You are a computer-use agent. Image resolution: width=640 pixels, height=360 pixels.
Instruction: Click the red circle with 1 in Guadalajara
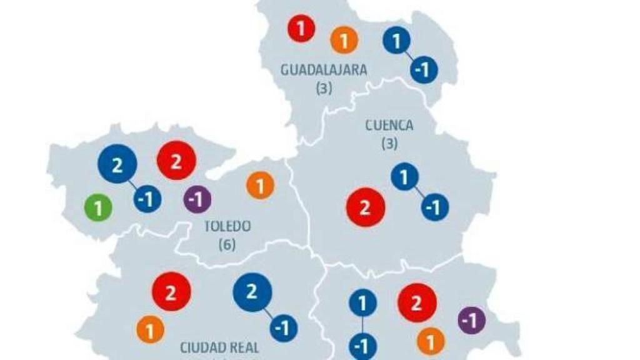point(301,29)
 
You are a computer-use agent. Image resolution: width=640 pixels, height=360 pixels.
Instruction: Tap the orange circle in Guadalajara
point(344,40)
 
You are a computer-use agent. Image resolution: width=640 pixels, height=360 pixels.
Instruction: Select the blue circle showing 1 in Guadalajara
point(397,41)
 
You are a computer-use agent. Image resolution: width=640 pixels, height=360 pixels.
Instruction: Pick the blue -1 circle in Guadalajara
point(424,69)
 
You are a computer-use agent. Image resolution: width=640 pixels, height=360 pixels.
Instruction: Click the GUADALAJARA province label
point(323,70)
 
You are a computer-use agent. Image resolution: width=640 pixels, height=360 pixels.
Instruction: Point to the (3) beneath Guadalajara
point(323,88)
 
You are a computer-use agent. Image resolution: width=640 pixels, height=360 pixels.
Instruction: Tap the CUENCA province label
point(389,126)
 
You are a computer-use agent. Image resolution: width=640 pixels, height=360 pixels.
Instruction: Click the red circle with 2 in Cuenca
point(366,207)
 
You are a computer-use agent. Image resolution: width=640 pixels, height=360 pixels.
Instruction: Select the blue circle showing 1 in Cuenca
point(405,177)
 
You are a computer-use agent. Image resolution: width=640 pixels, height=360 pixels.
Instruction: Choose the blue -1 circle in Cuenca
point(434,207)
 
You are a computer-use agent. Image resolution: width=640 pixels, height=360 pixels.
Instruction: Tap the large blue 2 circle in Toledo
point(117,164)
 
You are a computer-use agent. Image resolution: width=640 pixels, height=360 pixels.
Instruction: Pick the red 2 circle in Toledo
point(176,161)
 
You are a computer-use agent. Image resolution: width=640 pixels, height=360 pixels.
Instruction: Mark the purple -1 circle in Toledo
point(197,199)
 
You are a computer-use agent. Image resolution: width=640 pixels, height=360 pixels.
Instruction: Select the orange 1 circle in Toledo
point(260,186)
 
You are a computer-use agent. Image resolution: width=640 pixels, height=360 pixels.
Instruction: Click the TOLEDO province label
point(227,226)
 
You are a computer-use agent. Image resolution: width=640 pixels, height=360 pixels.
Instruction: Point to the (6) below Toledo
point(227,244)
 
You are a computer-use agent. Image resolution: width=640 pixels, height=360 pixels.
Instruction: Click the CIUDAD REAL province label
point(219,347)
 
